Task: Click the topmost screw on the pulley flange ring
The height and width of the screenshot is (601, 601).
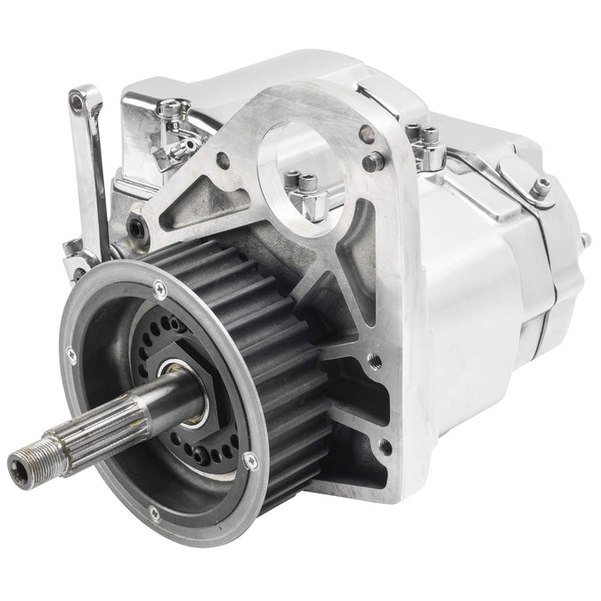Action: (158, 287)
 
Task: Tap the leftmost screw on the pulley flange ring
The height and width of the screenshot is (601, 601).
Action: (71, 355)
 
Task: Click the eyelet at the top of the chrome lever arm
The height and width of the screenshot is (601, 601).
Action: (83, 101)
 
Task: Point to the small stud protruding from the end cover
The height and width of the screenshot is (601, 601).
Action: (585, 240)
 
